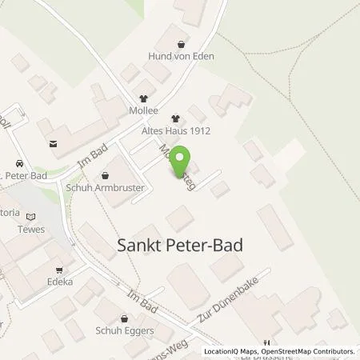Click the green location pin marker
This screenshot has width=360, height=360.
[x=182, y=158]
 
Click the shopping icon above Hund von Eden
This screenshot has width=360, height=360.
[x=182, y=45]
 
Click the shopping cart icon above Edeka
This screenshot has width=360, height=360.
[x=58, y=270]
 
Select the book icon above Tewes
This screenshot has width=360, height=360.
[x=32, y=216]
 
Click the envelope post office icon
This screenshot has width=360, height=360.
[x=54, y=145]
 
